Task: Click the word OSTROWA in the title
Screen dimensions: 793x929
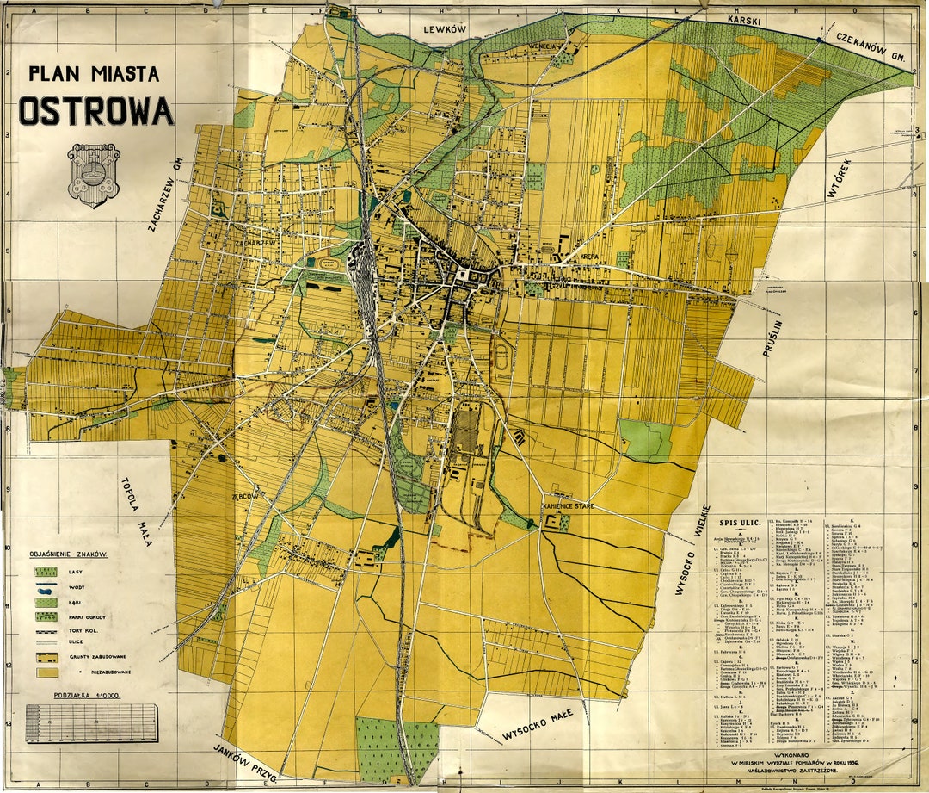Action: [96, 111]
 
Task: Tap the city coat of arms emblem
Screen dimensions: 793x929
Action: [93, 174]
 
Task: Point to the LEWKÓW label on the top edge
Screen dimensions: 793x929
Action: [445, 28]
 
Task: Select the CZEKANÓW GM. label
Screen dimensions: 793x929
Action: [871, 46]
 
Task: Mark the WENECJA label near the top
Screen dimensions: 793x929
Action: [545, 46]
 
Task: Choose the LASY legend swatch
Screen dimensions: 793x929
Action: [46, 571]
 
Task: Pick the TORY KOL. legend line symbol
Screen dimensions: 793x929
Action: [46, 630]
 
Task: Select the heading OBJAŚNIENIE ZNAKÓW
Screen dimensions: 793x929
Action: [69, 554]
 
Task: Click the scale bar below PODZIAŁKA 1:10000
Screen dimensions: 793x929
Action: [92, 722]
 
